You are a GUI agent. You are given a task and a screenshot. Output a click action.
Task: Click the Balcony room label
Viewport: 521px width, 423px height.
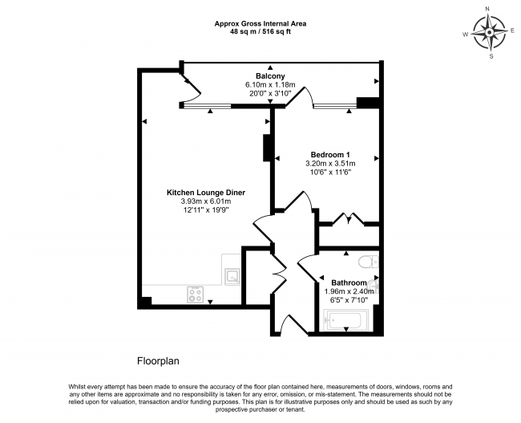(x=270, y=76)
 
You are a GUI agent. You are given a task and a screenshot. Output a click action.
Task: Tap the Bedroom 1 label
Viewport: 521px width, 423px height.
(x=330, y=155)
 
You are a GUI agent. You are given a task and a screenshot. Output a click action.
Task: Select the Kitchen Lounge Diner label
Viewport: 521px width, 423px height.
(x=206, y=193)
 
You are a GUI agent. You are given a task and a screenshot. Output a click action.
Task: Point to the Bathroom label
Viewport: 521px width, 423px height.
(x=349, y=283)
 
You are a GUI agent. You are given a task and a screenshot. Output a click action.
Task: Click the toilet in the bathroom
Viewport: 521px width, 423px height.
(x=368, y=262)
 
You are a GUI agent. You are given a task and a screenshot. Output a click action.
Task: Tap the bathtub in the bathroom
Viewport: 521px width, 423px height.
(x=346, y=320)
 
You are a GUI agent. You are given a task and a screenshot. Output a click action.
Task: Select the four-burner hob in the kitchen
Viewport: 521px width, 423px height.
(x=195, y=295)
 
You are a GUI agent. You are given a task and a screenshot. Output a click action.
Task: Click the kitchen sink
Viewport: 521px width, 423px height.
(x=232, y=277)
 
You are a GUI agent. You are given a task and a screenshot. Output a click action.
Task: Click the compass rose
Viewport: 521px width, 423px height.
(x=490, y=33)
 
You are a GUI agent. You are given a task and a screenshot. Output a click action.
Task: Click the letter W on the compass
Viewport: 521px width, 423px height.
(x=466, y=34)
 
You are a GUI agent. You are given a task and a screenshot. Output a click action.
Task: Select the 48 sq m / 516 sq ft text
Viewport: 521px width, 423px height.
(x=260, y=32)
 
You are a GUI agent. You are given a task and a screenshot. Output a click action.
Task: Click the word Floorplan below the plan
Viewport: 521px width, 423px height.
(x=158, y=361)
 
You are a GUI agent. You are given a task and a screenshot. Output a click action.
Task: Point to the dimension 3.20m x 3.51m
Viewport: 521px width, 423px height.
(x=330, y=164)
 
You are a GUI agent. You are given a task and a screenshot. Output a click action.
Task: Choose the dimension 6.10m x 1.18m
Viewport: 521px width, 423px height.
(x=270, y=85)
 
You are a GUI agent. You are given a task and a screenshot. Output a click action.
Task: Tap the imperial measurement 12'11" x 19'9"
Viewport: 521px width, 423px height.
(x=206, y=210)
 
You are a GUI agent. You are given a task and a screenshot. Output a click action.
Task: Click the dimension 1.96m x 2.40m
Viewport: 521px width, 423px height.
(x=349, y=291)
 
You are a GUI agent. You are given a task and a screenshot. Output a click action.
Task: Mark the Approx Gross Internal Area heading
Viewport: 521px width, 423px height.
(x=260, y=23)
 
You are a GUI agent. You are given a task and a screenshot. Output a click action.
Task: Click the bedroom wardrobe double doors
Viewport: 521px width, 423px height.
(x=348, y=219)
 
